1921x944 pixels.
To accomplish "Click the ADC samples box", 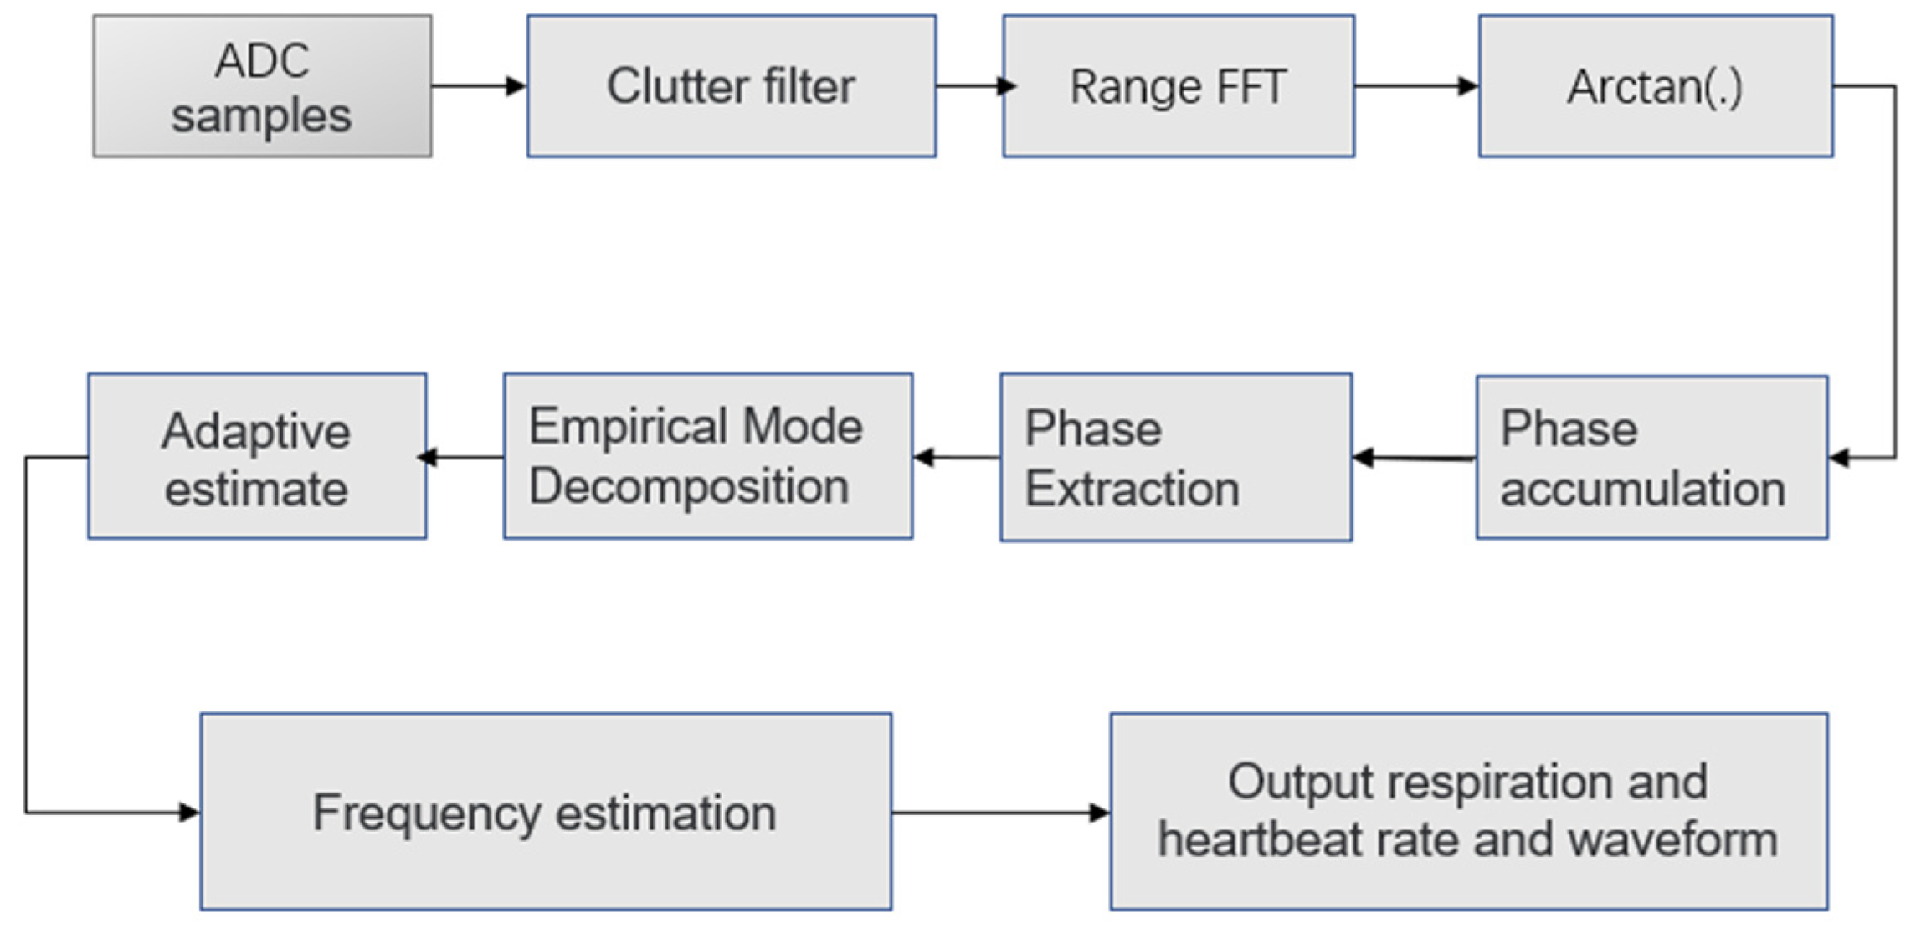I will [x=262, y=86].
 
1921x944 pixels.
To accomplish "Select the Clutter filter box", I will [x=731, y=86].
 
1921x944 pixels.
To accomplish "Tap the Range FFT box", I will [x=1179, y=86].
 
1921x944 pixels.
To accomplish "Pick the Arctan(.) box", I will [x=1655, y=86].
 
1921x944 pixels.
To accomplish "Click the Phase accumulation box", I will [x=1651, y=458].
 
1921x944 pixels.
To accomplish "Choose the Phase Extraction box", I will [x=1175, y=458].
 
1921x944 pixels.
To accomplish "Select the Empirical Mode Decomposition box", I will [x=707, y=456].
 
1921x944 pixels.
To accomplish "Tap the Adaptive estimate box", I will [x=257, y=456].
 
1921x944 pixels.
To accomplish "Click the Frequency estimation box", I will [x=546, y=812].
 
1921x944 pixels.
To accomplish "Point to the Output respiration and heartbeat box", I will [x=1468, y=812].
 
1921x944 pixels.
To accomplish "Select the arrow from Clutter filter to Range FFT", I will [x=971, y=85].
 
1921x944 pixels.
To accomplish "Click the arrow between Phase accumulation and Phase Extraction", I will [x=1415, y=458].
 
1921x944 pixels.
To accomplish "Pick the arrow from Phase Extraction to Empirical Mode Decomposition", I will [x=957, y=457].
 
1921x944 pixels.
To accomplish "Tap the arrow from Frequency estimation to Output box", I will [x=1001, y=812].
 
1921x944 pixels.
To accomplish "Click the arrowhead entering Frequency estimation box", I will [x=189, y=812].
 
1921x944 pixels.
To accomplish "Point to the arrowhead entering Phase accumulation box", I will [x=1840, y=458].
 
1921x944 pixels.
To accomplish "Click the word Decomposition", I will [x=689, y=487].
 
